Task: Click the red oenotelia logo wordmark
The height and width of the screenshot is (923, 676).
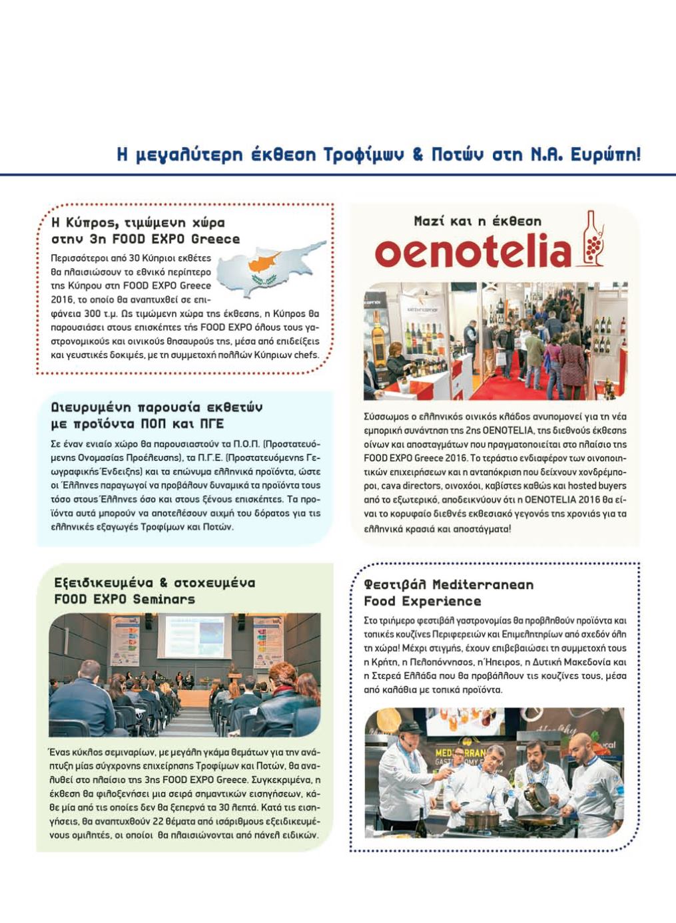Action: (x=473, y=252)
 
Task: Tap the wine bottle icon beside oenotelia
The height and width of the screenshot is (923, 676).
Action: (x=593, y=240)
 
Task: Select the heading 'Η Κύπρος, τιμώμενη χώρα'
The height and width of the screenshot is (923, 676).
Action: (x=138, y=222)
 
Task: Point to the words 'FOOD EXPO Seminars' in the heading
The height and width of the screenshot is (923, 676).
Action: (x=125, y=599)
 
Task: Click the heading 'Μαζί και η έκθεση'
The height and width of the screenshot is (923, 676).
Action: (x=477, y=221)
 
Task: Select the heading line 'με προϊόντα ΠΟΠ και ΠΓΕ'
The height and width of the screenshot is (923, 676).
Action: (x=137, y=424)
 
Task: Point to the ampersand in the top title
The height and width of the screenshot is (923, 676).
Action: (x=418, y=155)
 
